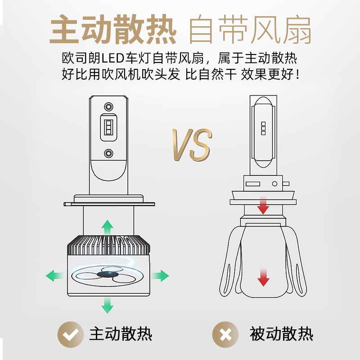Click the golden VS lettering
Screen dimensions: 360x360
[192, 144]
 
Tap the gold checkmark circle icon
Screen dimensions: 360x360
[71, 334]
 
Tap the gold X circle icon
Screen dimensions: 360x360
[225, 334]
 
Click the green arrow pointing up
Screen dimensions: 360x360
[107, 227]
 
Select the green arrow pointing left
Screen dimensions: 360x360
[54, 275]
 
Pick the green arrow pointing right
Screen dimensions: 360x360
[160, 275]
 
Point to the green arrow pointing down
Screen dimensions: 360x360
[107, 306]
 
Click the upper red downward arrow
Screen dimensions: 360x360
[263, 206]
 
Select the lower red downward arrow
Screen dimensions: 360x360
[263, 278]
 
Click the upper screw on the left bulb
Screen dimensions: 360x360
[108, 107]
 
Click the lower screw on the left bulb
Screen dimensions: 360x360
[108, 153]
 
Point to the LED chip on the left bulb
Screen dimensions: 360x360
[108, 127]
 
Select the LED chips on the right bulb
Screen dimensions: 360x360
[263, 128]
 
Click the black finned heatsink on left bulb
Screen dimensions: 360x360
[108, 245]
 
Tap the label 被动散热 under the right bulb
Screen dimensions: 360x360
[282, 334]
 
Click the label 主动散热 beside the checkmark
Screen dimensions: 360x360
[121, 334]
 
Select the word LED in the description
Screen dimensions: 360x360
[113, 58]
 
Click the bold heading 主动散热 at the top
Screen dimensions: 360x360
[113, 29]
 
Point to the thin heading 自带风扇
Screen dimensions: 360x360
[250, 29]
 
